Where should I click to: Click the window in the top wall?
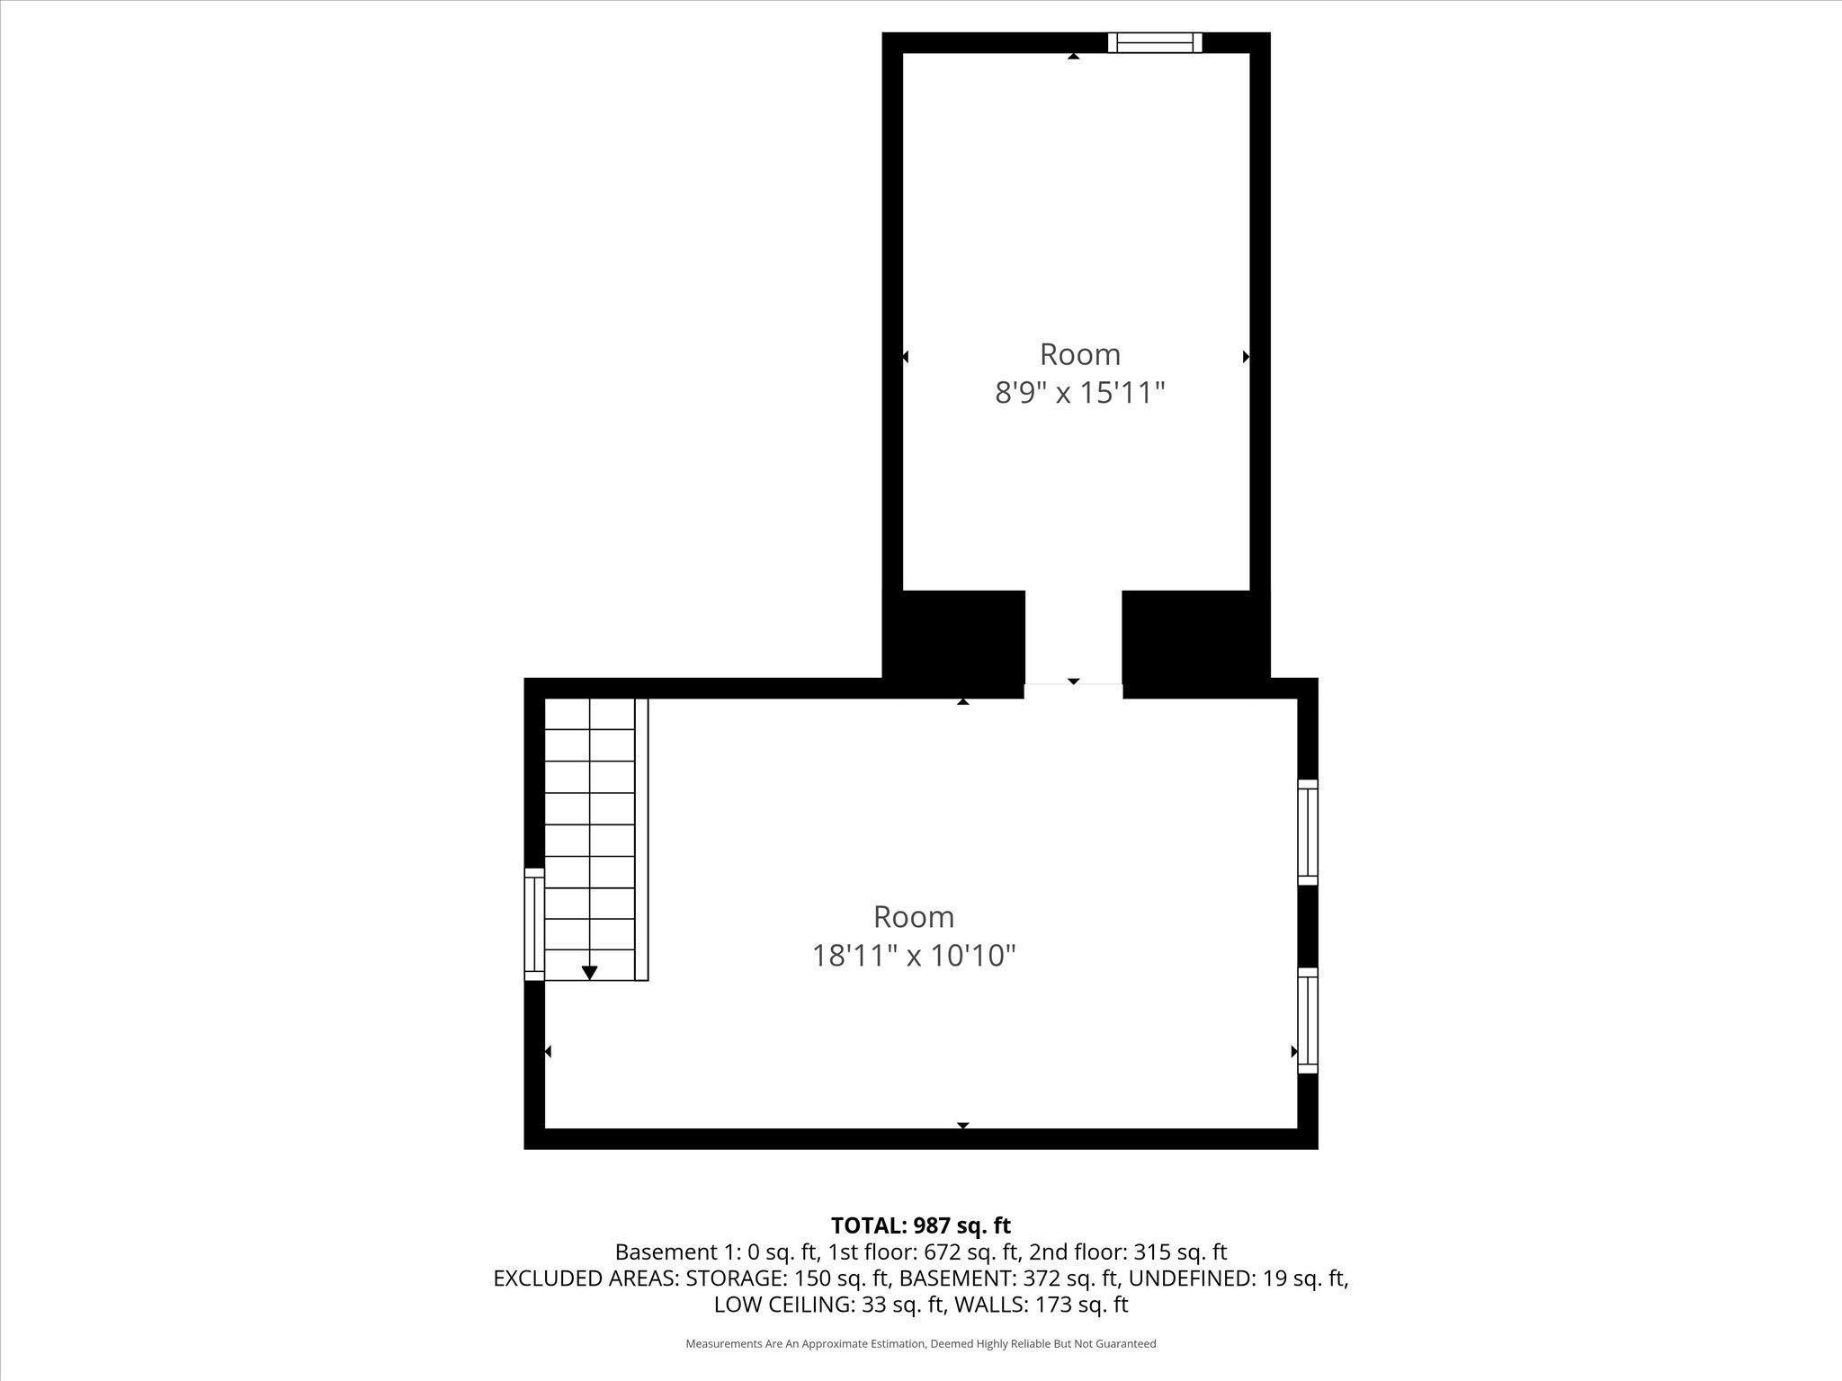[1155, 42]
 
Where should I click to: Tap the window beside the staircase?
[534, 923]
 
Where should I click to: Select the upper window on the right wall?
[1308, 832]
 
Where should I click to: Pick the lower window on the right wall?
[1308, 1020]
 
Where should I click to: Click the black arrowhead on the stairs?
[589, 972]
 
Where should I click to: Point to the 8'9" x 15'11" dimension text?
[1079, 393]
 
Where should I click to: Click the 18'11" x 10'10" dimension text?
[914, 955]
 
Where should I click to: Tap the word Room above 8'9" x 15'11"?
[1079, 354]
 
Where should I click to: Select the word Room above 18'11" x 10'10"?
[914, 917]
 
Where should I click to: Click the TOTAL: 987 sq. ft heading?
[920, 1225]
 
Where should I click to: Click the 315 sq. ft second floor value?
[1181, 1252]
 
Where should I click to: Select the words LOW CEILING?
[782, 1304]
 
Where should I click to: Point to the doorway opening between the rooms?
[1073, 643]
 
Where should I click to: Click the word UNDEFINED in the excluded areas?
[1187, 1278]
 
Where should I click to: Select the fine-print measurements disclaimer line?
[920, 1344]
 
